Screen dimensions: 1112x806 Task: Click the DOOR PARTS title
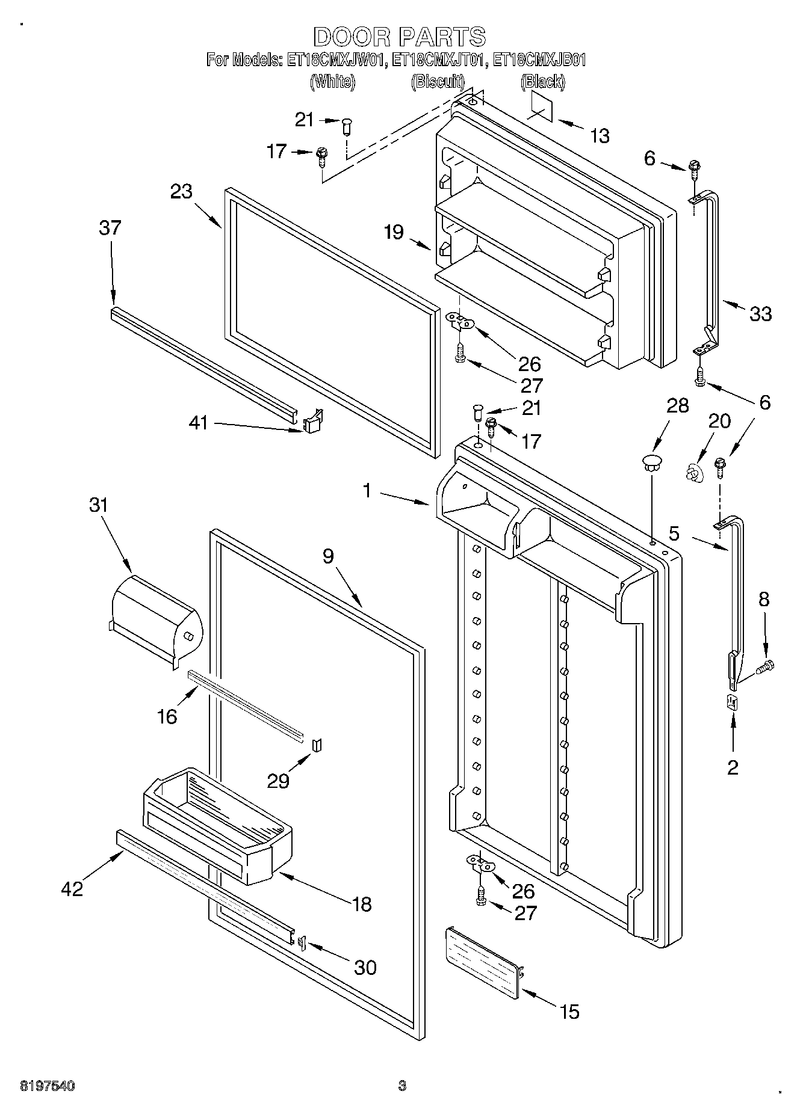coord(399,37)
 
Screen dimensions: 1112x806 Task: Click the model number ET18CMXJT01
coord(439,60)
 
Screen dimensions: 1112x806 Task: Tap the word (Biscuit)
coord(438,81)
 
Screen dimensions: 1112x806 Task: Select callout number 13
coord(600,136)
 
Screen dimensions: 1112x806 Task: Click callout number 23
coord(181,191)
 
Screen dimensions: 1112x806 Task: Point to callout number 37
coord(110,228)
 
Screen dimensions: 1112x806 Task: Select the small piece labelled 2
coord(733,702)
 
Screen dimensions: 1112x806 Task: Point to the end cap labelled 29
coord(318,746)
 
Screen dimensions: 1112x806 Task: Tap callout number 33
coord(760,313)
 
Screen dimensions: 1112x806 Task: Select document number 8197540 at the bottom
coord(48,1086)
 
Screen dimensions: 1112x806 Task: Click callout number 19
coord(394,232)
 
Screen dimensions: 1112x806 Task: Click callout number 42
coord(72,888)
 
